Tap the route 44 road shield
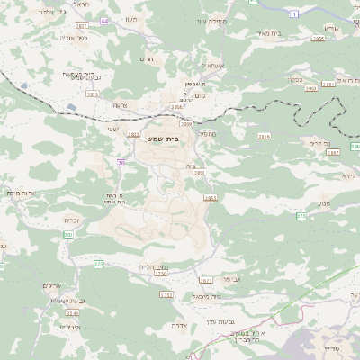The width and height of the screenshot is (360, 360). click(x=104, y=19)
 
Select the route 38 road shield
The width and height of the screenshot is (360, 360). click(x=121, y=162)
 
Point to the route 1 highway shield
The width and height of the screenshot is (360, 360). click(x=294, y=15)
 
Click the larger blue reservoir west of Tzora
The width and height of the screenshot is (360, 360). click(x=69, y=107)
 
